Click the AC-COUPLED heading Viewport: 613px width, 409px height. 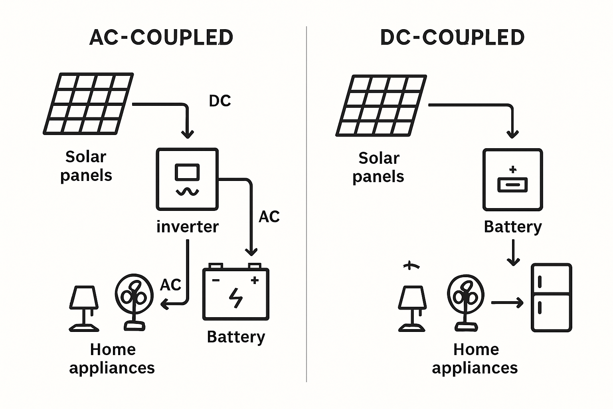[161, 38]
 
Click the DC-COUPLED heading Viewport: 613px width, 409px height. [452, 38]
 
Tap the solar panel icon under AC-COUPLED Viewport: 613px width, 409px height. [88, 103]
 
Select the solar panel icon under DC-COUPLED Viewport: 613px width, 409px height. [381, 105]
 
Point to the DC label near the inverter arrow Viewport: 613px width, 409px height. [220, 101]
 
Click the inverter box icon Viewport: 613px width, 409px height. [187, 179]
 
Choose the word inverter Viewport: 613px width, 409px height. [188, 227]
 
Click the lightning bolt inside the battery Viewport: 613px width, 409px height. [235, 298]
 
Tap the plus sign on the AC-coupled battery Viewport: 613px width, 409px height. [254, 280]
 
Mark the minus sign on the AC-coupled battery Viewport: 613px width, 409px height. [216, 280]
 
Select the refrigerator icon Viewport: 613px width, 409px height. [551, 298]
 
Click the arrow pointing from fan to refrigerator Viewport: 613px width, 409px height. [507, 303]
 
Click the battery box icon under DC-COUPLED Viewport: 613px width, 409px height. [512, 180]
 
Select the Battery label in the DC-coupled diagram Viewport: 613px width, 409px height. [513, 227]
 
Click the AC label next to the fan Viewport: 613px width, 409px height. [170, 285]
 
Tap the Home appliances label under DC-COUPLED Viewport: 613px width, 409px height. [475, 359]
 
